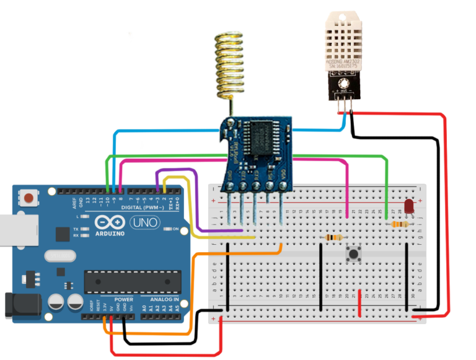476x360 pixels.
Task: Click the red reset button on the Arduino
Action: pyautogui.click(x=29, y=198)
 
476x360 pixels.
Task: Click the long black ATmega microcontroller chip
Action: pyautogui.click(x=133, y=281)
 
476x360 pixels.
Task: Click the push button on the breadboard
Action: pyautogui.click(x=355, y=253)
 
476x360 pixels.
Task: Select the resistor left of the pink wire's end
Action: pyautogui.click(x=332, y=237)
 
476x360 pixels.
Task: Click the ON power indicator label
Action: pyautogui.click(x=175, y=229)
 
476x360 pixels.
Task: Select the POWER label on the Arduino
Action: pyautogui.click(x=123, y=299)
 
